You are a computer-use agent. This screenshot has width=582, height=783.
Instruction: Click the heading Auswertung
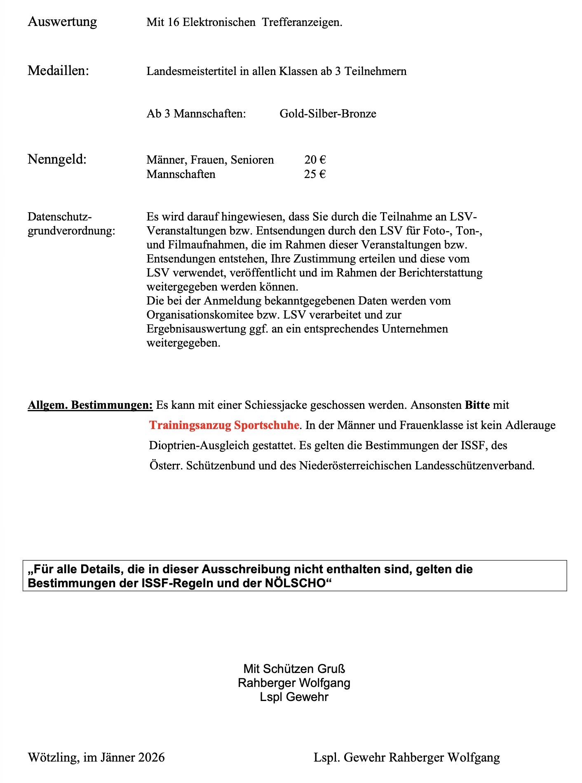(62, 21)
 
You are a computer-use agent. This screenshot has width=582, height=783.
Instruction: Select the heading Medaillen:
(58, 70)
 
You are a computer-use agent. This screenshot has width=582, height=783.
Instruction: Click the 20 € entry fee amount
(315, 159)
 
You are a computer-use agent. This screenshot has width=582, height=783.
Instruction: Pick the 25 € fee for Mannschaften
(315, 174)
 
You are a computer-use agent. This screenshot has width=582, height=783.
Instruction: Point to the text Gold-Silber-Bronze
(328, 113)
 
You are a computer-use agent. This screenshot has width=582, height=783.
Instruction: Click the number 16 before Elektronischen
(173, 22)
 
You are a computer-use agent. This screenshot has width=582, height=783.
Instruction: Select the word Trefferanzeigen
(302, 22)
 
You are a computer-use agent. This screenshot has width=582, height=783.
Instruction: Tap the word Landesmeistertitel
(192, 71)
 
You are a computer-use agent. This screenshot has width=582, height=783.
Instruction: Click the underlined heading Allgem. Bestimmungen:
(90, 405)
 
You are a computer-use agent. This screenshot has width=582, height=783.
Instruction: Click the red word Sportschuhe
(266, 425)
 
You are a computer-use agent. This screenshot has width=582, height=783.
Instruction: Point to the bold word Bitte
(477, 405)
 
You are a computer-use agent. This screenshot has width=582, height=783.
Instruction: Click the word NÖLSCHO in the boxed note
(295, 583)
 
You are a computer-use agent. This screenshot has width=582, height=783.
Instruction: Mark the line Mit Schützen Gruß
(294, 668)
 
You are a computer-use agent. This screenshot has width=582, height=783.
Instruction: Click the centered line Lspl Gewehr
(294, 697)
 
